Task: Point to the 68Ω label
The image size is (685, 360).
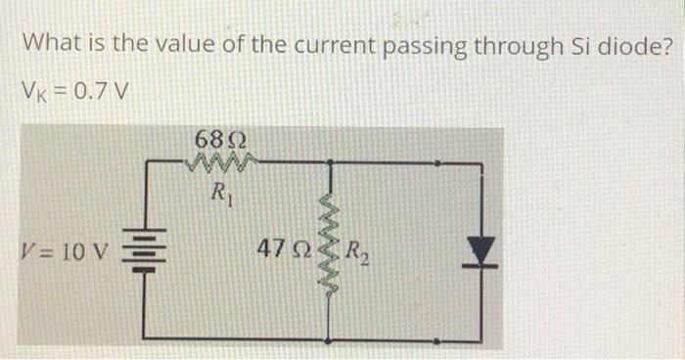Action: point(220,139)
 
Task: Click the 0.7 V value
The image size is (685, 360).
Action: point(101,93)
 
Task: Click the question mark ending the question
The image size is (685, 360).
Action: point(662,45)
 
